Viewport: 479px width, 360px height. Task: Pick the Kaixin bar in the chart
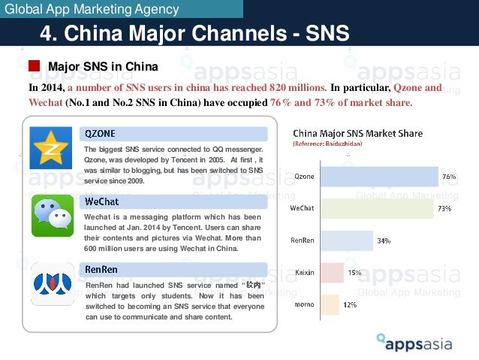[332, 273]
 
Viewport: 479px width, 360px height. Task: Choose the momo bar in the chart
[330, 304]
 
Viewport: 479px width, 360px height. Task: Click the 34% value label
[384, 241]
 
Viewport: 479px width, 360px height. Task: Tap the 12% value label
[351, 304]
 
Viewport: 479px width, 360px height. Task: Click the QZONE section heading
[101, 134]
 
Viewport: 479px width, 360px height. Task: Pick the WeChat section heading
[102, 201]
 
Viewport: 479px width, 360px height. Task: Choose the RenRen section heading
[101, 268]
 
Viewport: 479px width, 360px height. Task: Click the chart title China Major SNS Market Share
[357, 134]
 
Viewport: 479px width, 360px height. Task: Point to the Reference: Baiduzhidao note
[327, 144]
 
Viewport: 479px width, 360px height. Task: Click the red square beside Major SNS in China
[35, 66]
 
